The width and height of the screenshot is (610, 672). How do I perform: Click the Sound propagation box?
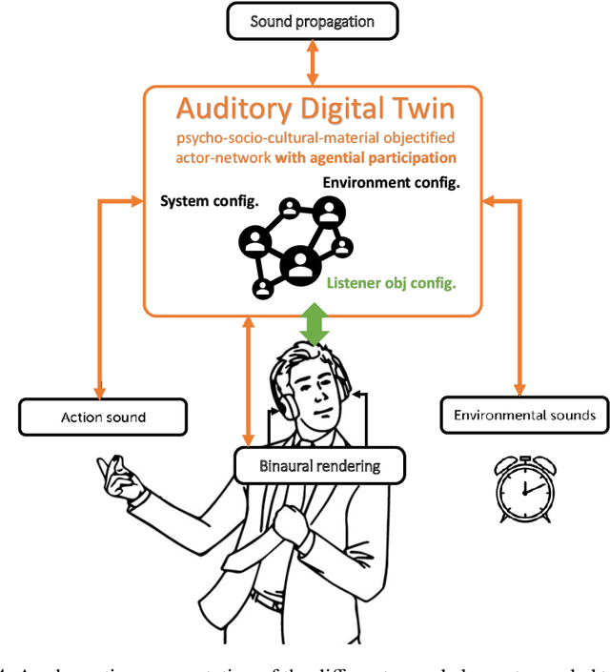point(313,21)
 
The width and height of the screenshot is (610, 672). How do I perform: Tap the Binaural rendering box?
point(319,466)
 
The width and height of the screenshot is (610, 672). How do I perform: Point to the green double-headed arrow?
point(314,324)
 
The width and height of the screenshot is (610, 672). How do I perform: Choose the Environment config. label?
point(392,182)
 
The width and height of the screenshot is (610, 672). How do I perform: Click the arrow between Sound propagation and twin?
point(313,63)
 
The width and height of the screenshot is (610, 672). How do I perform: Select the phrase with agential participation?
point(365,156)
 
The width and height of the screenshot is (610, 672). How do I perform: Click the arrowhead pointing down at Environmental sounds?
point(519,390)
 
